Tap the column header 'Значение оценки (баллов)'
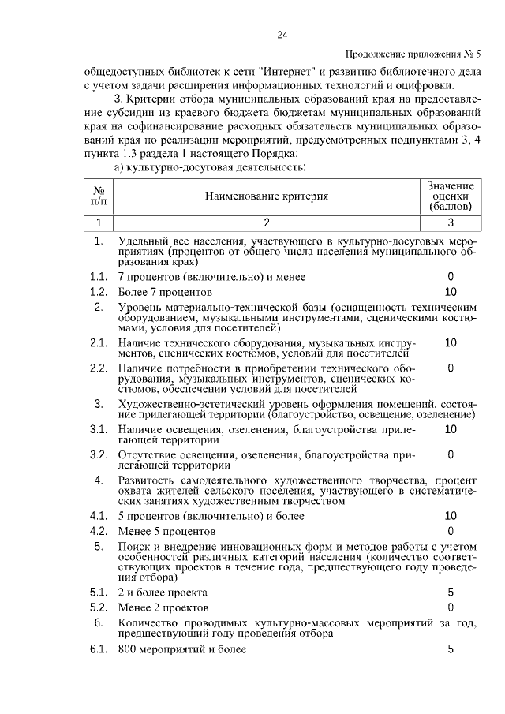[450, 196]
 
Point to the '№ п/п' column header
[99, 196]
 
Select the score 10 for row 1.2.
[450, 292]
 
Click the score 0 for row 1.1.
[450, 277]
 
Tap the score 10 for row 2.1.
[450, 342]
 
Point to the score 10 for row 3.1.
[450, 428]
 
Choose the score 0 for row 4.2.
[450, 530]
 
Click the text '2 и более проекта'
[163, 592]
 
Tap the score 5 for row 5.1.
[450, 592]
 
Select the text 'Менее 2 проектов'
[163, 607]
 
